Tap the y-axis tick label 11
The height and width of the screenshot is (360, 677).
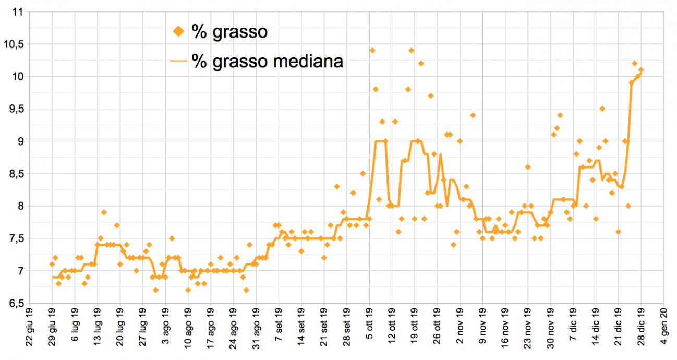click(x=19, y=12)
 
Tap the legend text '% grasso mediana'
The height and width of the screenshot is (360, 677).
click(x=267, y=62)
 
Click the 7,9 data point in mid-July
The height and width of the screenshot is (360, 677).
click(x=104, y=212)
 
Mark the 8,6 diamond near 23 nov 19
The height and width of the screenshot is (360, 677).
click(x=528, y=167)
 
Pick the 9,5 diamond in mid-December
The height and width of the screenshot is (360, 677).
click(x=602, y=109)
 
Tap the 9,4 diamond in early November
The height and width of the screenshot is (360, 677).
click(x=473, y=115)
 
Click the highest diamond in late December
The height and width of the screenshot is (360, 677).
click(x=635, y=63)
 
